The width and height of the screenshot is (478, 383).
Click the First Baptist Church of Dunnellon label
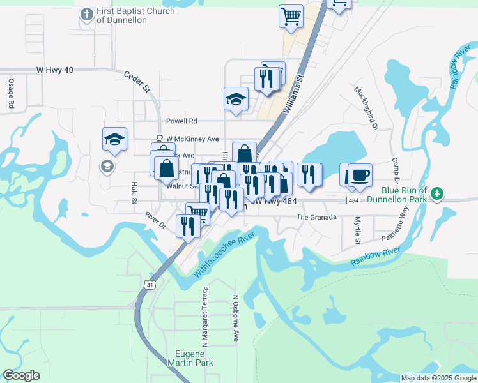coord(121,16)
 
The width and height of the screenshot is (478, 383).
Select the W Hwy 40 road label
coord(55,70)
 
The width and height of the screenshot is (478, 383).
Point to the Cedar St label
coord(137,79)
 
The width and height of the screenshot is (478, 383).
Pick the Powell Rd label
coord(181,121)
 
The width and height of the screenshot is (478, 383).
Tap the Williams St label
coord(294,94)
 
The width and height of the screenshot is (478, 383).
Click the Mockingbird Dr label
coord(367,104)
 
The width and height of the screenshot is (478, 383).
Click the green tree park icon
coord(437,192)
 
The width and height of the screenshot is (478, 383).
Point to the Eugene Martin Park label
coord(194,358)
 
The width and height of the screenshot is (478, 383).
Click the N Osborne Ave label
coord(236,317)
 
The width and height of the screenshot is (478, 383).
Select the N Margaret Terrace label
coord(205,317)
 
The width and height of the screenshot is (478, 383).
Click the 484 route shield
coord(353,200)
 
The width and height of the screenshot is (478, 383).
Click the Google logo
coord(21,375)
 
